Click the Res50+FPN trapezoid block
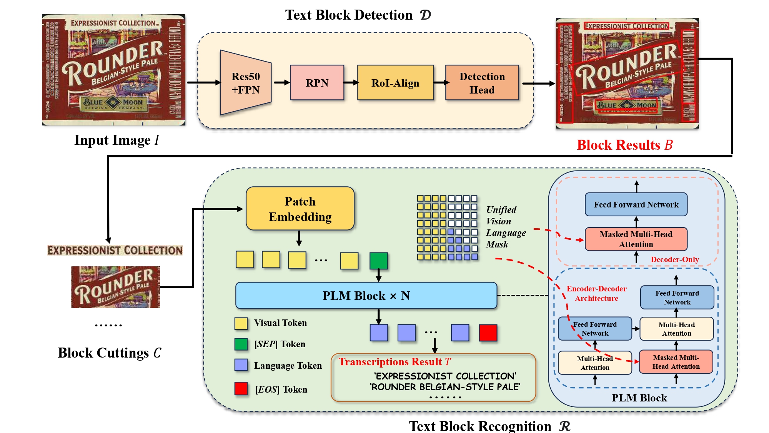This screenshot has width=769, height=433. point(246,83)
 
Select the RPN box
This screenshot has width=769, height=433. point(317,83)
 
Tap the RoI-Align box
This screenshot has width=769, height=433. point(395,83)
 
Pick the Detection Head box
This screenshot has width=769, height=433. point(482,83)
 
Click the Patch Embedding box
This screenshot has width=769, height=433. point(300,209)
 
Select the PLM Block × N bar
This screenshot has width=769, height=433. point(366,296)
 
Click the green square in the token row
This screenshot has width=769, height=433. point(378,261)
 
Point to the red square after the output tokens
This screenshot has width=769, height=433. point(488,333)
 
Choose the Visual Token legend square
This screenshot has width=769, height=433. point(241,323)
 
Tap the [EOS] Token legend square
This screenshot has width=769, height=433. point(241,389)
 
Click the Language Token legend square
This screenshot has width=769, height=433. point(241,365)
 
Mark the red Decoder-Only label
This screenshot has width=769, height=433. point(674,259)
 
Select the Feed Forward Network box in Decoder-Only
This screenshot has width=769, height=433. point(636,204)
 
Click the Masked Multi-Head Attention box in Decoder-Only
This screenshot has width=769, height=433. point(636,239)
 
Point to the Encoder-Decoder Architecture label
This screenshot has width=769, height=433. point(596,293)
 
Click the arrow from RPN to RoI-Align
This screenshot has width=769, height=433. point(351,83)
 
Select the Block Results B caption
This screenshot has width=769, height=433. point(625,145)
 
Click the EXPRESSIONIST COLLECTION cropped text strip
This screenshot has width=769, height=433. point(115,250)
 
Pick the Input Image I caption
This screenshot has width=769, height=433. point(117,140)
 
